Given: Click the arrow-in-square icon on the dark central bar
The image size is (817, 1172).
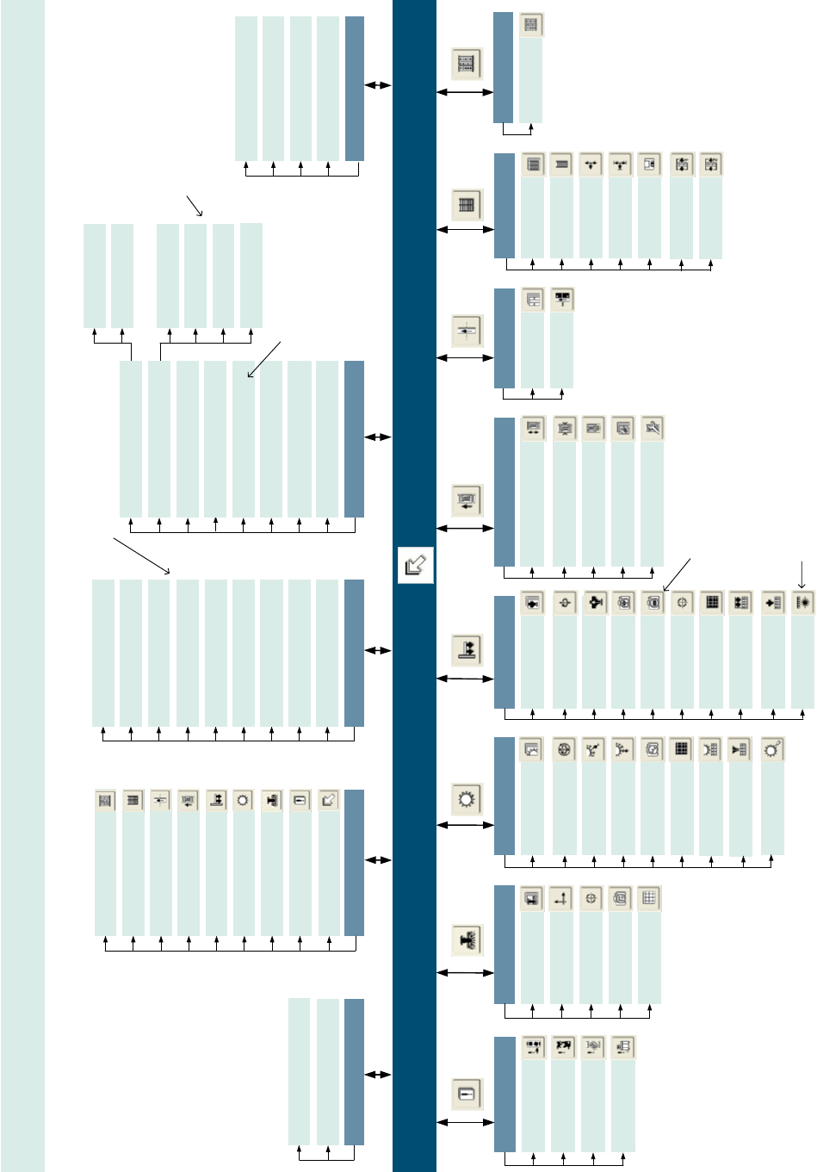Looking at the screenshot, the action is [x=415, y=565].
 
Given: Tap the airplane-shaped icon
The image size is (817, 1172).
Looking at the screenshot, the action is [x=594, y=603].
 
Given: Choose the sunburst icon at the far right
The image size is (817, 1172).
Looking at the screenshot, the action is [x=802, y=603].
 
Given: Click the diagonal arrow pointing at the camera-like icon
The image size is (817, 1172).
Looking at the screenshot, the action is [x=677, y=574].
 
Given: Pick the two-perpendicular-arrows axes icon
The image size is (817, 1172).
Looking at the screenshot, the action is [x=561, y=898].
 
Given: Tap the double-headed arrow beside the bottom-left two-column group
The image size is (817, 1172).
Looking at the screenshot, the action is [x=378, y=1075].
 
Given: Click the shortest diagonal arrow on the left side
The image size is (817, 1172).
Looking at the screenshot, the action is [x=195, y=205].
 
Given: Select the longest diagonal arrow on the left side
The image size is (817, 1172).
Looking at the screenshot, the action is [x=142, y=556].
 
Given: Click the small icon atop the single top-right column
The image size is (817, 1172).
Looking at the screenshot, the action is [x=531, y=25].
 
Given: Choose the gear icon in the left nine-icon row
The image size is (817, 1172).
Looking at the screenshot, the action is [x=244, y=800].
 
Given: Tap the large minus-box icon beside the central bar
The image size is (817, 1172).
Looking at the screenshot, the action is [x=467, y=1094].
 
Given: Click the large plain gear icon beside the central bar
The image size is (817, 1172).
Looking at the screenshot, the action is [x=467, y=799].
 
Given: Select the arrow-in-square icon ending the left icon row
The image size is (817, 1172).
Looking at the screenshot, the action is [x=328, y=800].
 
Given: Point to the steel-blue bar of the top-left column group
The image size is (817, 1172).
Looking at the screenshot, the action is [x=354, y=88].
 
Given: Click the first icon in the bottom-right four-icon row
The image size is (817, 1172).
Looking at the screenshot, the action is [x=534, y=1047].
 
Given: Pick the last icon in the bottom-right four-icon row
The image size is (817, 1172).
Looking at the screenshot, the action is [x=622, y=1047].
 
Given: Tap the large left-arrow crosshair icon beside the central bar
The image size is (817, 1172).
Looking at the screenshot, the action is [x=467, y=331].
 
